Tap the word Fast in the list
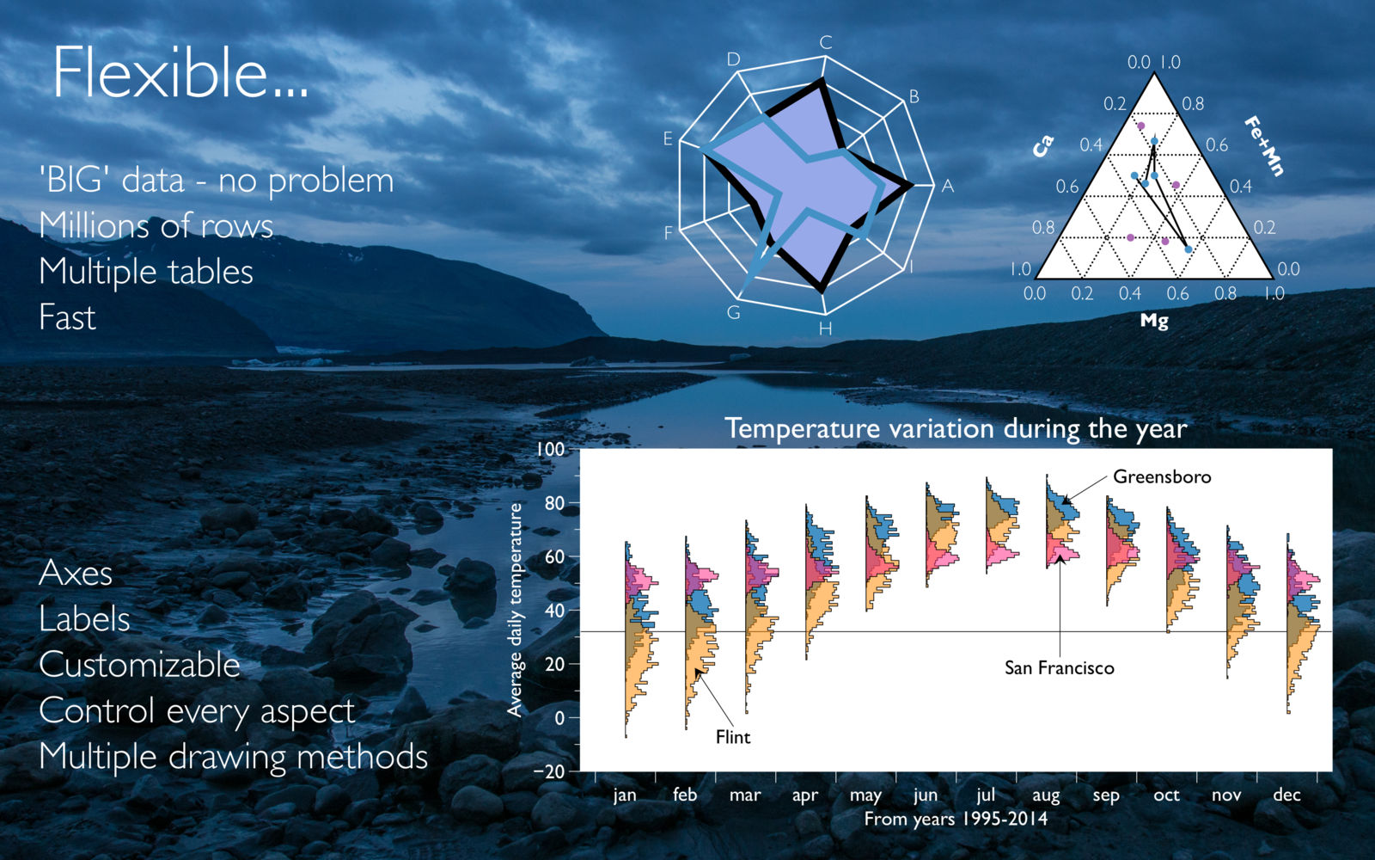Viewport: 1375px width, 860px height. (x=68, y=317)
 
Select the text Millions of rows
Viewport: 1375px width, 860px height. (x=156, y=225)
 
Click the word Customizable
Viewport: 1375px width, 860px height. (x=139, y=665)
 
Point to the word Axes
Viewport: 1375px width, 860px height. (x=76, y=573)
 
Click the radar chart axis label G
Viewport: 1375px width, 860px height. (x=734, y=313)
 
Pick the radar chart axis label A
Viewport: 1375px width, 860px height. (x=948, y=186)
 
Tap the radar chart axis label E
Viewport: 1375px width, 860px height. (x=668, y=139)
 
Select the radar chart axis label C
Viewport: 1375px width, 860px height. (x=826, y=42)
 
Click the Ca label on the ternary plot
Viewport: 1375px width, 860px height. (x=1043, y=146)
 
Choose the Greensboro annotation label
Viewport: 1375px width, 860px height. (x=1162, y=476)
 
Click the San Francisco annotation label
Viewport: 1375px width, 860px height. (x=1059, y=667)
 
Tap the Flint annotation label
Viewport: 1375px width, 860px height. (x=733, y=736)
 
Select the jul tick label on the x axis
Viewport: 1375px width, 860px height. (x=986, y=795)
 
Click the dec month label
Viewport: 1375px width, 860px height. (x=1286, y=795)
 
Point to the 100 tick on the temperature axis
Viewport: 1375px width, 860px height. (x=551, y=450)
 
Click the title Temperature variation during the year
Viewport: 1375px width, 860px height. (x=956, y=429)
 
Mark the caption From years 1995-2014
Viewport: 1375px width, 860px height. (x=956, y=819)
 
